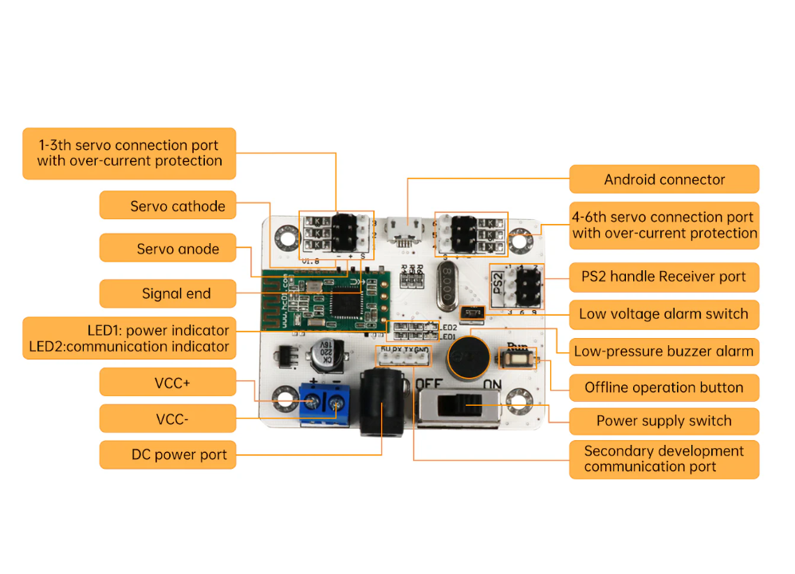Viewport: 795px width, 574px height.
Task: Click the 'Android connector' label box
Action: [x=663, y=179]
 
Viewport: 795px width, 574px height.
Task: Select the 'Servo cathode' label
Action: [x=168, y=206]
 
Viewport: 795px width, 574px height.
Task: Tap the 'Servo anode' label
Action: [x=168, y=249]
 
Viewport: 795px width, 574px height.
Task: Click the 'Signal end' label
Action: [x=168, y=293]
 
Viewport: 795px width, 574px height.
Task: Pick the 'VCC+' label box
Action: [x=168, y=383]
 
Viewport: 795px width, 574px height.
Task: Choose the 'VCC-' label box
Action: [x=168, y=419]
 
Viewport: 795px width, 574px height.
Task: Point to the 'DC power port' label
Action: [x=168, y=455]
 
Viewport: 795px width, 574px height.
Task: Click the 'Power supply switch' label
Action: [x=663, y=421]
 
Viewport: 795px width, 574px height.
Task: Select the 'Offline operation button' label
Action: [x=663, y=387]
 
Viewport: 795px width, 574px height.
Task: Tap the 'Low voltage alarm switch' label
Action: [x=663, y=314]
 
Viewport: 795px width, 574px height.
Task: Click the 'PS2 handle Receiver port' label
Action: [x=663, y=277]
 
